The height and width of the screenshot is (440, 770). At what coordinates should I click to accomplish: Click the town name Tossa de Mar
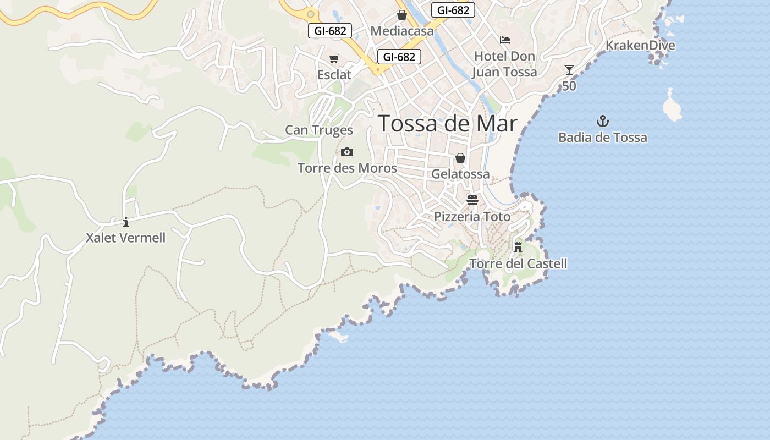pos(448,124)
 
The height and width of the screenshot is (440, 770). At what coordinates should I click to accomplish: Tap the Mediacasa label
pos(402,31)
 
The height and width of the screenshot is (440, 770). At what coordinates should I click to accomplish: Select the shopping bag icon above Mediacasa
pos(402,15)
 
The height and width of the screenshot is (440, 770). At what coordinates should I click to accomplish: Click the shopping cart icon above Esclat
pos(334,59)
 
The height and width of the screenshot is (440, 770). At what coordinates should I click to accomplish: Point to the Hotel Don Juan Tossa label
pos(504,64)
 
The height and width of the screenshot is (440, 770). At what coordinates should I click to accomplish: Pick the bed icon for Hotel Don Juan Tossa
pos(504,40)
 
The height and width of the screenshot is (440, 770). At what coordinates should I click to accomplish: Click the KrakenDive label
pos(640,46)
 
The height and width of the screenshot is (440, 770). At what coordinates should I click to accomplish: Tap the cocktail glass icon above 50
pos(569,70)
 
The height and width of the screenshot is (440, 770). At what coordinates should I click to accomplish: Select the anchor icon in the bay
pos(603,121)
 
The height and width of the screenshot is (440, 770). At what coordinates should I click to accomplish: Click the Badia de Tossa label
pos(603,137)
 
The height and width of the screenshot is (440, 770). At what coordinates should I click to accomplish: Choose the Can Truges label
pos(319,130)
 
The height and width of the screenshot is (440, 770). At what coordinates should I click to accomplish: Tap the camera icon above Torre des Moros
pos(347,152)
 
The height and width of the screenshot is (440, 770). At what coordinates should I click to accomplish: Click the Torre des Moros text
pos(347,168)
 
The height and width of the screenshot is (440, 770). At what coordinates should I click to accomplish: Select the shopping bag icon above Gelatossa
pos(460,158)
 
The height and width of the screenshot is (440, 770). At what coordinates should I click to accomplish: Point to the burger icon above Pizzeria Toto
pos(472,200)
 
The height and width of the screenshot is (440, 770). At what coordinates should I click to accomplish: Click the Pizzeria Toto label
pos(472,217)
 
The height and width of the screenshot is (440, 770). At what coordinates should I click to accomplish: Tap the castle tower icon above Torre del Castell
pos(518,246)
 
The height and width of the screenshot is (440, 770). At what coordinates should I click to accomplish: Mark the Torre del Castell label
pos(518,264)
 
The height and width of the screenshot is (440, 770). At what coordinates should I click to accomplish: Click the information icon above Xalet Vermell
pos(126,222)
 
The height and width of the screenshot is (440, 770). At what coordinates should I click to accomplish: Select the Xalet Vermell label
pos(126,238)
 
